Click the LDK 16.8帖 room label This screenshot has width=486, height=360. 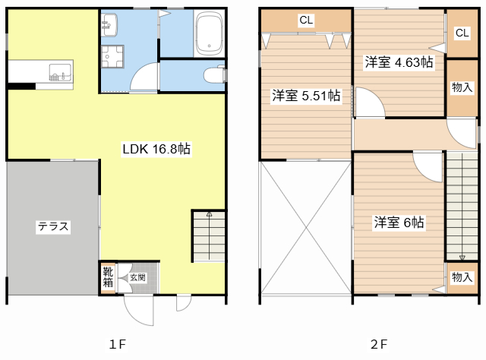[x=156, y=150]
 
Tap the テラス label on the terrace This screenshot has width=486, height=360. [x=53, y=226]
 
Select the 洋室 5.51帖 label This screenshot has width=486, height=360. [x=306, y=96]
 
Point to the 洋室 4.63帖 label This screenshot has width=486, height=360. [x=398, y=62]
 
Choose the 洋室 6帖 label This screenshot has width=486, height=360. [x=399, y=223]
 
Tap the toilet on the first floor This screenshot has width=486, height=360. [x=214, y=74]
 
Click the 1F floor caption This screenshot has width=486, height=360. [x=116, y=344]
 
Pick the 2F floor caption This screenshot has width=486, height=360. [x=378, y=344]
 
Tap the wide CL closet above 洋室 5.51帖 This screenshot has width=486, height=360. [x=305, y=21]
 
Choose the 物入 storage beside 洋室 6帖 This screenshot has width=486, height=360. [x=460, y=277]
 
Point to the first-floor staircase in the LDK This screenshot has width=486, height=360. [x=208, y=235]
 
